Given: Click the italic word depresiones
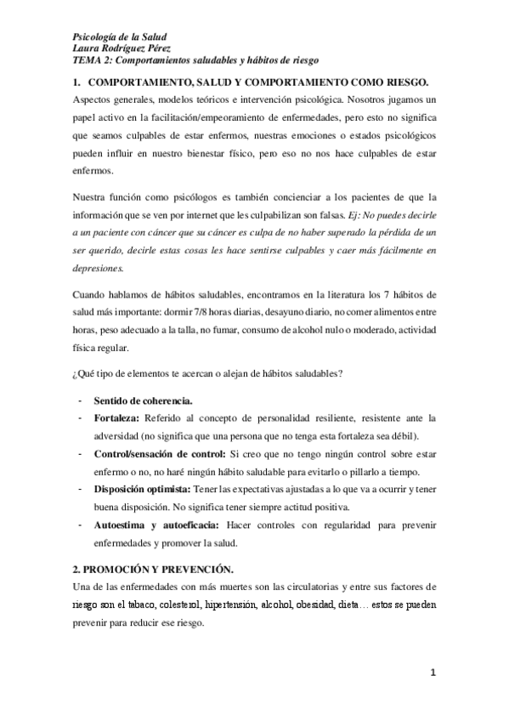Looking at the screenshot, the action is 99,269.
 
